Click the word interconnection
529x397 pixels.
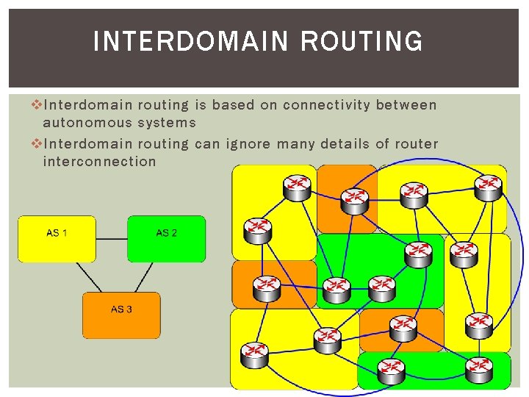(99, 161)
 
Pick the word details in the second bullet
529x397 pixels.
(345, 143)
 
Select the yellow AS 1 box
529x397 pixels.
(57, 239)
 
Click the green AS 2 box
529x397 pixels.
(166, 239)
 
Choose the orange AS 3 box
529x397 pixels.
(121, 315)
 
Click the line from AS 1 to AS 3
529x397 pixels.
(89, 277)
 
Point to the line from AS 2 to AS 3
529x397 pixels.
(144, 277)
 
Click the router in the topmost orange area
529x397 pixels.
(356, 196)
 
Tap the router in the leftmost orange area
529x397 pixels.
(265, 286)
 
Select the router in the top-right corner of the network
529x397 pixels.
(488, 186)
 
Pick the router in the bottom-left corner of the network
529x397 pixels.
(253, 354)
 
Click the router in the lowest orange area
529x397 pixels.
(403, 326)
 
